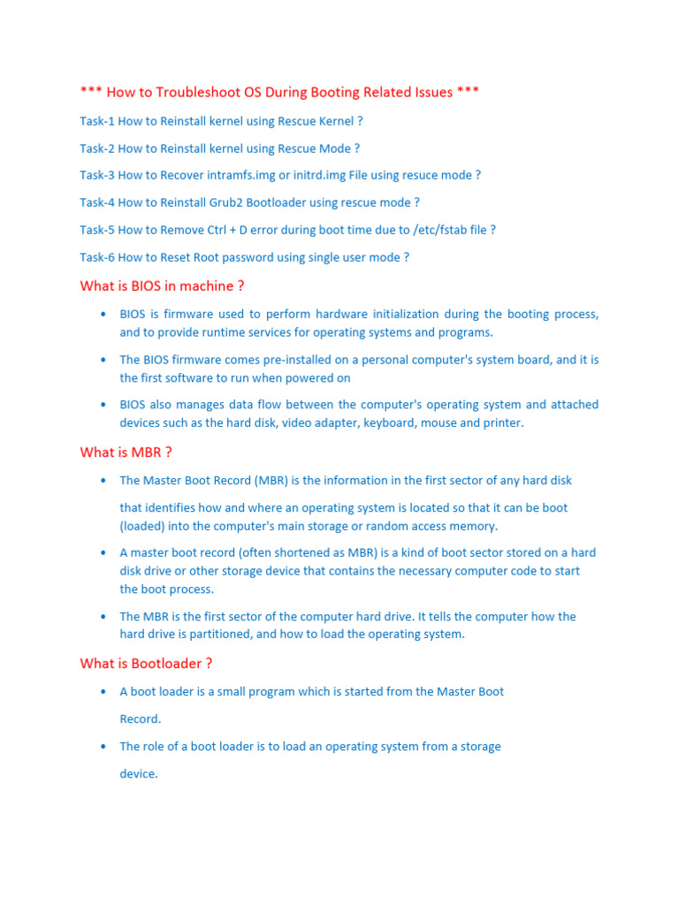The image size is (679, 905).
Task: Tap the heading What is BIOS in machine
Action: coord(162,285)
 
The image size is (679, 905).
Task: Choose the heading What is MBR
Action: coord(126,452)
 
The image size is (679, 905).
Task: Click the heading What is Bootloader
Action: coord(146,664)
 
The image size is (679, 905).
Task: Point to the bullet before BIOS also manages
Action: coord(103,405)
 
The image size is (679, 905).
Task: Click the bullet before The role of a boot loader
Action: coord(103,747)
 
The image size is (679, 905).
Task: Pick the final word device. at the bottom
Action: coord(139,773)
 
